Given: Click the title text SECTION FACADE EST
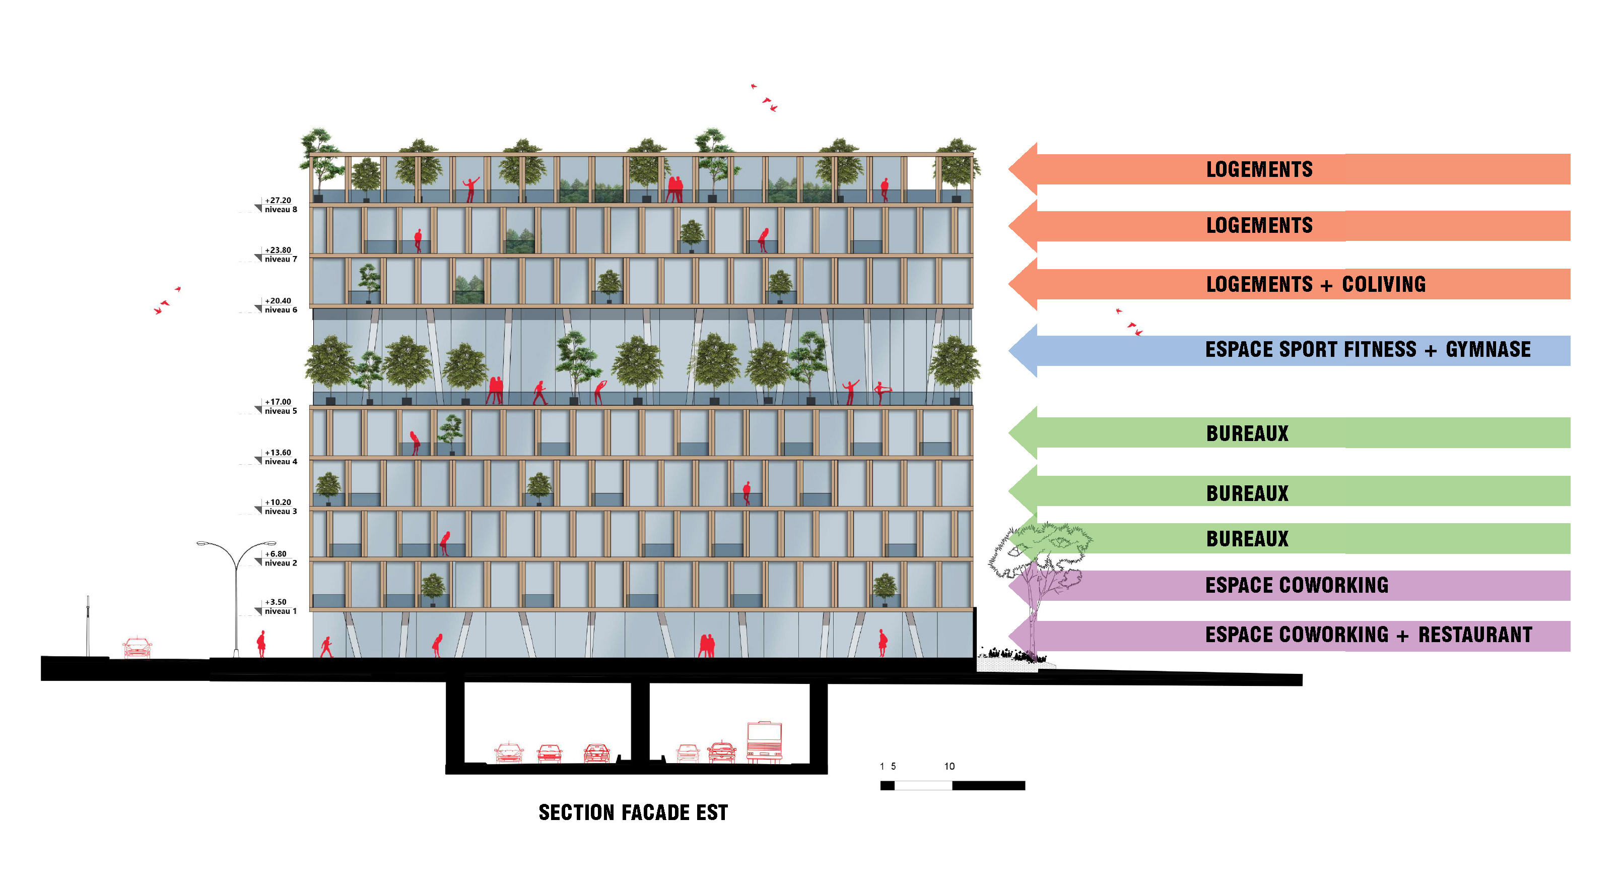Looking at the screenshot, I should [633, 812].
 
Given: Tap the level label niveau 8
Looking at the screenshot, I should [281, 209].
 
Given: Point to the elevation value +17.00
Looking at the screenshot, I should [278, 402].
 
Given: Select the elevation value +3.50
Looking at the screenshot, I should [276, 602].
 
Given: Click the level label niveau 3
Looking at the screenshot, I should [281, 512].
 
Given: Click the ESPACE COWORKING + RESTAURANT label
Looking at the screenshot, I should [1368, 635].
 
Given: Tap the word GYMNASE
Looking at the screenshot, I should [1488, 349].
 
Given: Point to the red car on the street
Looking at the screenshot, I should [137, 647].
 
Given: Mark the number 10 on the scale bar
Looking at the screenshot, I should [949, 766].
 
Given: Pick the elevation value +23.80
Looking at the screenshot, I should [278, 250].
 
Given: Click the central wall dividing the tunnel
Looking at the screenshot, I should [640, 722].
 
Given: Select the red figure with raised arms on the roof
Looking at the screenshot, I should [470, 189].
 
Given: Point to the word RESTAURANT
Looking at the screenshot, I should [1475, 635].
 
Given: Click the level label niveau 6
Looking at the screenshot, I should [281, 309].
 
